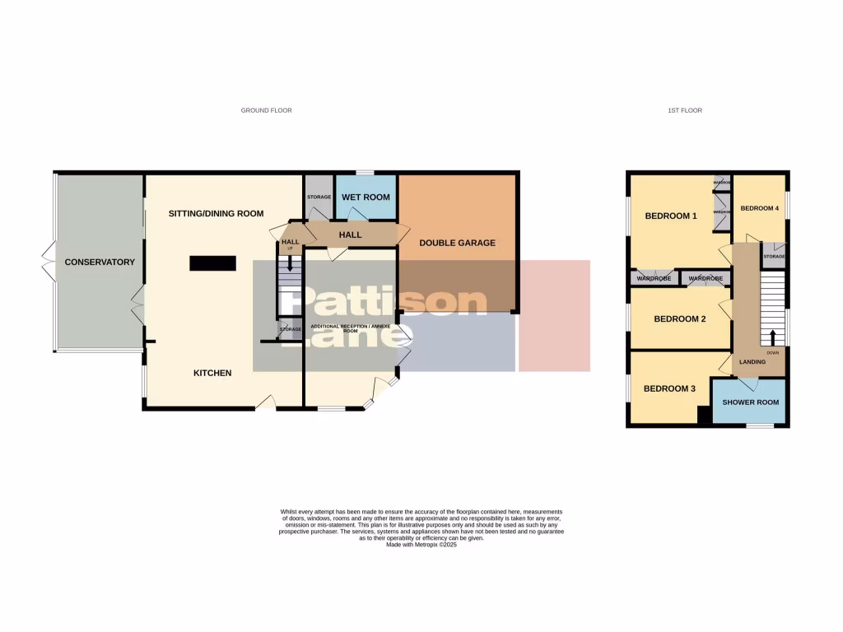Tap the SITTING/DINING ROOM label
(216, 214)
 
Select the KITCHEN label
(212, 373)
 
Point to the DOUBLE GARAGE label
(457, 243)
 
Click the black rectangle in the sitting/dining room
(212, 263)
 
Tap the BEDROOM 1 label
(671, 216)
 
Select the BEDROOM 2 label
(680, 318)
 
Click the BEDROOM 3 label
(669, 388)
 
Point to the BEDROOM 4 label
(759, 208)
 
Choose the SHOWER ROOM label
(750, 402)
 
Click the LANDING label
(752, 362)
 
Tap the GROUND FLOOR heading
(266, 110)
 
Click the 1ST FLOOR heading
(685, 110)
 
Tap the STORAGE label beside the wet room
(319, 197)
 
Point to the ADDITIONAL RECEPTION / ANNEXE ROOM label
(349, 328)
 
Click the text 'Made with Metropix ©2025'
(421, 545)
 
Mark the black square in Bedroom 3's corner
(704, 416)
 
